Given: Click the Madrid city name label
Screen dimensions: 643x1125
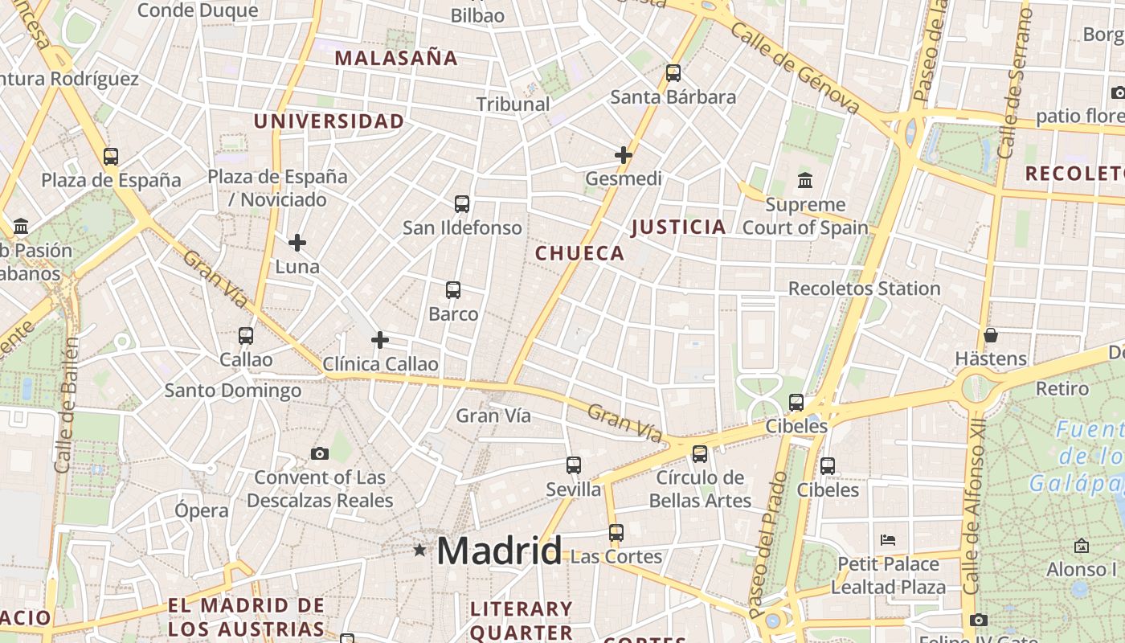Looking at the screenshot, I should point(499,551).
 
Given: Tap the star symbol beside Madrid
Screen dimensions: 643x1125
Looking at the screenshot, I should point(419,551).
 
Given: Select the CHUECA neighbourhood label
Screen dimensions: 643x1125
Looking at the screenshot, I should point(579,254).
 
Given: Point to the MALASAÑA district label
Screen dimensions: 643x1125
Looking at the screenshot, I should point(396,58).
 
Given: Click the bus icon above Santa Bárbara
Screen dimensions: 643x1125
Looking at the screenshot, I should point(673,73).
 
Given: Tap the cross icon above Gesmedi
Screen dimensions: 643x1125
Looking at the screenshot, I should point(624,155).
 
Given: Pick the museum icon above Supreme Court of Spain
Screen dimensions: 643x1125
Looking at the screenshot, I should point(805,180).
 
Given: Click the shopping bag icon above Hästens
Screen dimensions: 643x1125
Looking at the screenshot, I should point(991,335).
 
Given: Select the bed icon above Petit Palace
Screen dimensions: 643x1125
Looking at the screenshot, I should point(888,539).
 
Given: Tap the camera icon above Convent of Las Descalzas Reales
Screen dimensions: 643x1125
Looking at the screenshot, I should point(320,454).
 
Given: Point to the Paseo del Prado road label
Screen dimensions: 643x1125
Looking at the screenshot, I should point(768,545).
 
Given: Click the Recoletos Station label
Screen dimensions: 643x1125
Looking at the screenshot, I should point(864,289).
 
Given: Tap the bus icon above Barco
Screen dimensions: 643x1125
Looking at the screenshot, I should point(453,290).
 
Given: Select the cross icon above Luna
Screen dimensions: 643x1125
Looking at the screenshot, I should point(297,243).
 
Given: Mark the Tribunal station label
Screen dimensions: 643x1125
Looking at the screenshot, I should point(513,104).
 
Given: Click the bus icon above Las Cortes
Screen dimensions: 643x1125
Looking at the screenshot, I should point(616,533).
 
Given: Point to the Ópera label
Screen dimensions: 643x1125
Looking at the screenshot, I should point(202,510).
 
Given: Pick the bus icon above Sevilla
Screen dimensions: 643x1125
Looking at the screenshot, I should point(574,465).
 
